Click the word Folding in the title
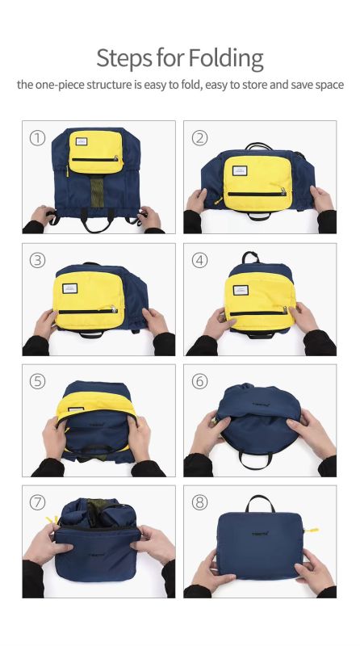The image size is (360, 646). tap(226, 58)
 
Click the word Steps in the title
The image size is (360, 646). tap(124, 58)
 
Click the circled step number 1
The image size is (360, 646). tap(37, 137)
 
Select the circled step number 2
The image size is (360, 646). tap(199, 137)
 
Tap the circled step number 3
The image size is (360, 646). tap(37, 260)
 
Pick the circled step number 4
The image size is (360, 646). tap(199, 260)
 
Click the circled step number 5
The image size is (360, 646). tap(37, 381)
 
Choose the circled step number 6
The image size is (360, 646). tap(199, 381)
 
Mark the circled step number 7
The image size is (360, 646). tap(37, 502)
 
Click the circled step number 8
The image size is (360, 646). tap(199, 502)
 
